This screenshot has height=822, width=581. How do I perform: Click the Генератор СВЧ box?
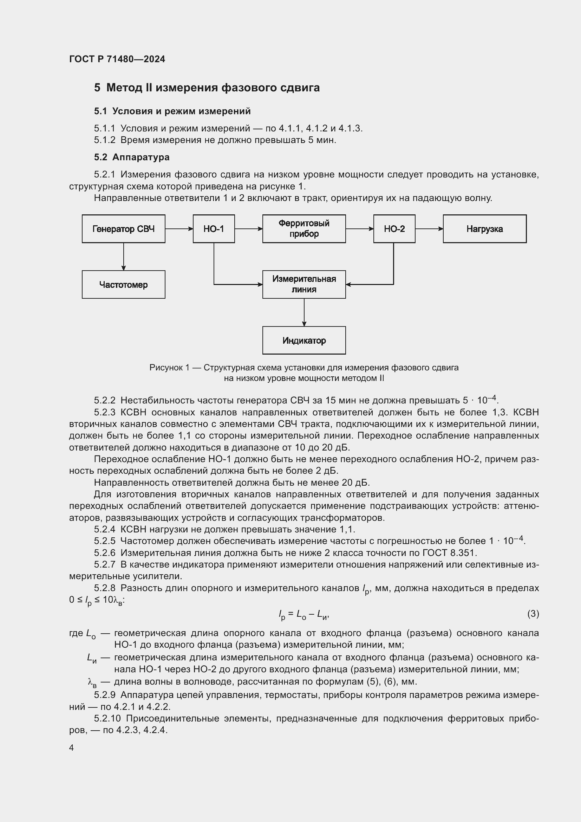pos(123,229)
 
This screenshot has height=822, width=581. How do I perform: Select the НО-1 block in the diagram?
pos(214,229)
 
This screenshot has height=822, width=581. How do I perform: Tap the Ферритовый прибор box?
pos(304,229)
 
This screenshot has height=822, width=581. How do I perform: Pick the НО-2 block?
pos(394,229)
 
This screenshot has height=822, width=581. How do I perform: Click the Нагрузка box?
pos(484,229)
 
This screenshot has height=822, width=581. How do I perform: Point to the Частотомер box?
pos(123,285)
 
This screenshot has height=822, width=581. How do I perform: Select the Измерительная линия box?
pos(304,285)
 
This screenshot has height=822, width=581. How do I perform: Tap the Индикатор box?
pos(304,341)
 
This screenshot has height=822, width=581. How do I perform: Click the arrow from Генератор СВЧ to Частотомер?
pos(123,256)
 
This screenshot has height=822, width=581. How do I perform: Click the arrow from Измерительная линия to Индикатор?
pos(304,312)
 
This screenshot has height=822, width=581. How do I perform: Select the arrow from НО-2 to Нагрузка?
pos(429,229)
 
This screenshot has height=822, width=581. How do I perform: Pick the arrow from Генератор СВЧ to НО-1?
pos(179,229)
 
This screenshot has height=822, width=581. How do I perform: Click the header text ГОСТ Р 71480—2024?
pos(117,59)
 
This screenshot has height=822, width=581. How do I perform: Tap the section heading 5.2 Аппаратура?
pos(132,157)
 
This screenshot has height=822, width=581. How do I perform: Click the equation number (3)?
pos(533,614)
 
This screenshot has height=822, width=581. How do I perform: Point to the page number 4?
pos(72,747)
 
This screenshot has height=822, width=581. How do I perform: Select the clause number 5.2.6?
pos(105,553)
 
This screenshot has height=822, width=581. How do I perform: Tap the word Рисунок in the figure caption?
pos(166,368)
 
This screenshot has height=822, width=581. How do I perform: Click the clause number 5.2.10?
pos(107,719)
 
